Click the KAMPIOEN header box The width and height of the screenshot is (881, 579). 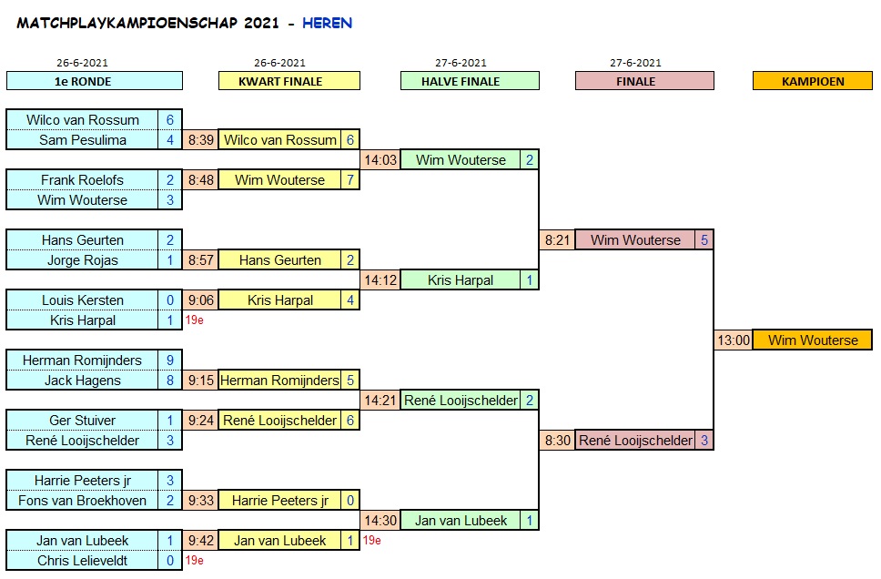[x=812, y=81]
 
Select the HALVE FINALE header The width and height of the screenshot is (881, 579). [x=470, y=81]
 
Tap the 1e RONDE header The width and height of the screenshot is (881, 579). [x=94, y=81]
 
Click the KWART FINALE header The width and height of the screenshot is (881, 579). [x=289, y=81]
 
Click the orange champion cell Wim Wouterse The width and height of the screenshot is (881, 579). [x=813, y=340]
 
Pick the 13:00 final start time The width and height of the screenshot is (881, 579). [x=734, y=340]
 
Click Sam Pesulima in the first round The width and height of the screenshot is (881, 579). [x=83, y=140]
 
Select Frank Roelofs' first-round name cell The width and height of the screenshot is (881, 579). [x=83, y=180]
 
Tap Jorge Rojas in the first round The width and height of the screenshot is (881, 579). [x=83, y=260]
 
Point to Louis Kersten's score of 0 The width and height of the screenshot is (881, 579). [x=170, y=300]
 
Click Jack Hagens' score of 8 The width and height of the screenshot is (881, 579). [x=170, y=381]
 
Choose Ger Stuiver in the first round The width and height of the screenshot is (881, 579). [x=83, y=421]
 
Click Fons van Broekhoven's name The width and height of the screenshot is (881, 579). [x=83, y=501]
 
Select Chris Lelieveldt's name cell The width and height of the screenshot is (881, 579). [x=83, y=561]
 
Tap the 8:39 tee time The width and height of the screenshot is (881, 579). [x=200, y=140]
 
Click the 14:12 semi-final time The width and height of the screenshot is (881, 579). [x=380, y=280]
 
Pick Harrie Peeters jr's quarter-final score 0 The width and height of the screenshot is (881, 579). [x=349, y=501]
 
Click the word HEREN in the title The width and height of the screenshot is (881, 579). [x=327, y=24]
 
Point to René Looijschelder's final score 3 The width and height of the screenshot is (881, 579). [x=703, y=441]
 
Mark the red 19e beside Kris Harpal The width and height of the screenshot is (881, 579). [x=194, y=320]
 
